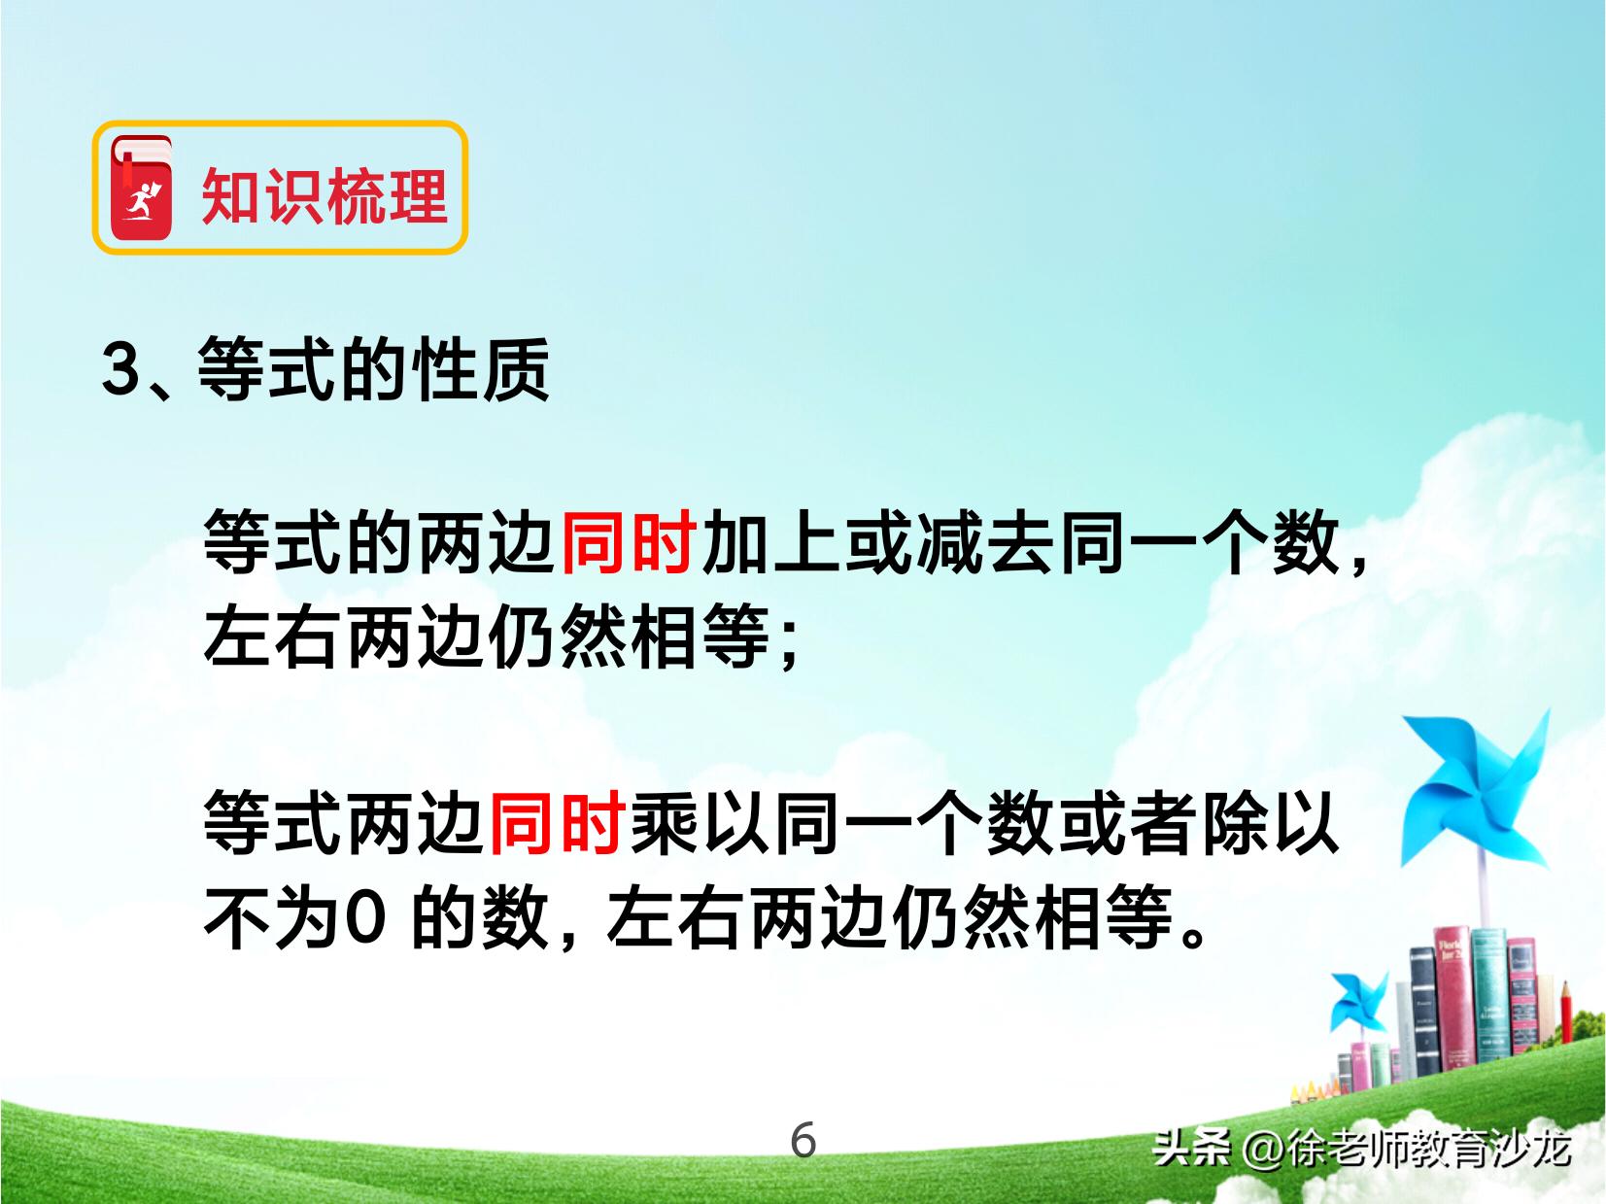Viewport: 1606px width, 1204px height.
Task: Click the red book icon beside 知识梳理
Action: pos(142,189)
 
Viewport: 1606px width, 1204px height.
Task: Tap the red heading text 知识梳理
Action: pos(324,195)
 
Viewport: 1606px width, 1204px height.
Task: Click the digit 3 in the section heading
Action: pos(121,369)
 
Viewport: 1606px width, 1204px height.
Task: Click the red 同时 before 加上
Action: pos(629,542)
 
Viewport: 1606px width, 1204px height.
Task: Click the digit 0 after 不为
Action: pos(363,917)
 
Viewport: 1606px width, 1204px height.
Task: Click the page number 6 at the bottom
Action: pos(803,1140)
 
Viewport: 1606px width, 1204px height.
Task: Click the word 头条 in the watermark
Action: pos(1192,1149)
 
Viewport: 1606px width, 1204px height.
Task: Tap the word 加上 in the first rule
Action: pos(771,542)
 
